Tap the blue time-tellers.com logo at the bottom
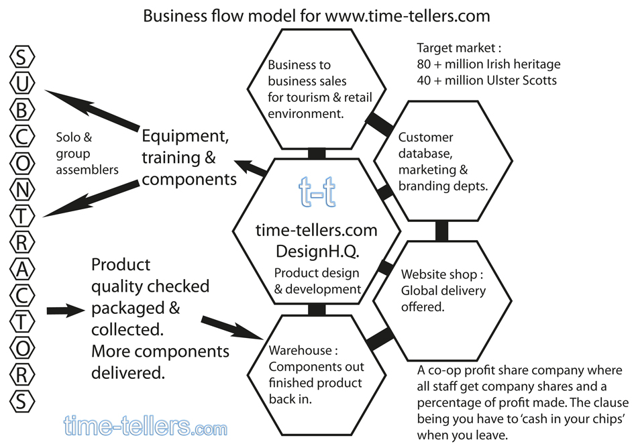click(x=146, y=426)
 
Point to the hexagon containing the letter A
click(x=22, y=268)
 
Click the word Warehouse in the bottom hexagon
click(x=300, y=350)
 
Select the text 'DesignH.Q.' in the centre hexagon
click(x=317, y=251)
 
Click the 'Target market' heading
click(x=459, y=48)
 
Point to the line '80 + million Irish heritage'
click(x=488, y=64)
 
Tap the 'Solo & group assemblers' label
click(x=87, y=154)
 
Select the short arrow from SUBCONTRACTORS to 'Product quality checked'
click(x=66, y=311)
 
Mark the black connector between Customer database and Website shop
click(x=441, y=230)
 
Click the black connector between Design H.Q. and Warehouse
click(x=317, y=309)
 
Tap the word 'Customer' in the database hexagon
click(x=425, y=137)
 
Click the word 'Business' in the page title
click(x=170, y=15)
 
